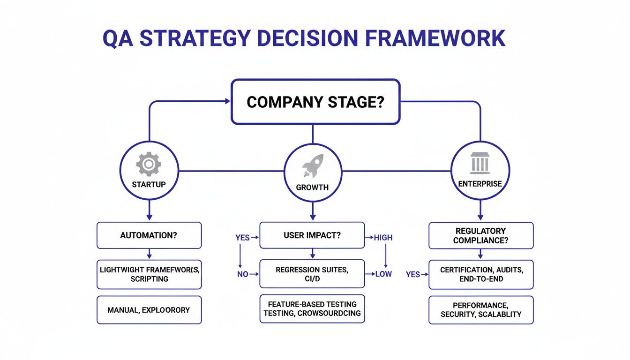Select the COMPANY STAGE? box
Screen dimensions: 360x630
point(315,102)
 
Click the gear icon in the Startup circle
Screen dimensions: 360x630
point(149,165)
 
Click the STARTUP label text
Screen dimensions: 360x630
point(149,184)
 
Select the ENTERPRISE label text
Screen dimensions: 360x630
point(480,184)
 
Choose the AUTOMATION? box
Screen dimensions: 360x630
point(149,235)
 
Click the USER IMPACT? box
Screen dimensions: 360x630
point(312,235)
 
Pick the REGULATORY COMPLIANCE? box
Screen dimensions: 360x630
point(480,235)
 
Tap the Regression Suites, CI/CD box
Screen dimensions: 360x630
point(312,274)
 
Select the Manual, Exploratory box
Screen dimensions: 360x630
point(149,310)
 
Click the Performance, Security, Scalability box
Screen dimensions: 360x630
point(480,310)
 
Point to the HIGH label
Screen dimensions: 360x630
point(383,238)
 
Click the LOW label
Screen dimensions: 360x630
point(383,274)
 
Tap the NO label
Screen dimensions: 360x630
point(242,274)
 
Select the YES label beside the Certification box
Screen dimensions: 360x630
point(412,274)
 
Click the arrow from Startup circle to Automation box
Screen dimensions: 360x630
point(149,210)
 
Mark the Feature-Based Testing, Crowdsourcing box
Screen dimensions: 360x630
point(312,309)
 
